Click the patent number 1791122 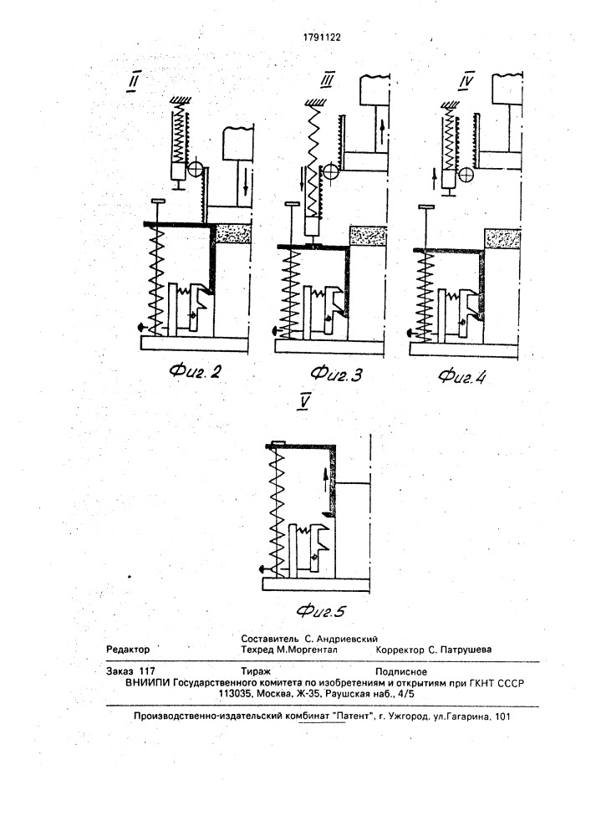pos(321,38)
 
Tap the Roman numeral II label pos(134,83)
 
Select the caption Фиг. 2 pos(195,371)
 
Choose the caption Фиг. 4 pos(462,376)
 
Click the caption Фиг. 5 pos(321,610)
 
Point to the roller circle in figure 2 pos(195,171)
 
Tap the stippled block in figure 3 pos(368,236)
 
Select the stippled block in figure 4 pos(502,238)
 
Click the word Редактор pos(128,650)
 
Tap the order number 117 pos(146,672)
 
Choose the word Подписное pos(401,672)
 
